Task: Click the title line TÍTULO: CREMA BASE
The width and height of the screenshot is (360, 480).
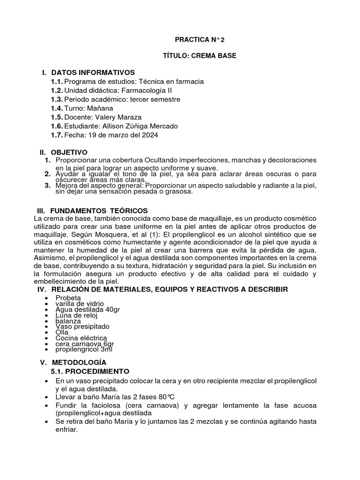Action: [x=199, y=56]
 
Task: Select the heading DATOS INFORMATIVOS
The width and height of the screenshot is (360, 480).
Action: [x=93, y=72]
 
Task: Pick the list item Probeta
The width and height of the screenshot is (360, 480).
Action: [x=68, y=298]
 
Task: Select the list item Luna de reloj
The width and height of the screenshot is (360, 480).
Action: [x=76, y=315]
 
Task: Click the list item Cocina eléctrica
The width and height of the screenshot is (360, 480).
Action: [x=81, y=337]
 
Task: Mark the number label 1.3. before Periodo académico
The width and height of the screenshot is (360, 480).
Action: [x=57, y=99]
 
